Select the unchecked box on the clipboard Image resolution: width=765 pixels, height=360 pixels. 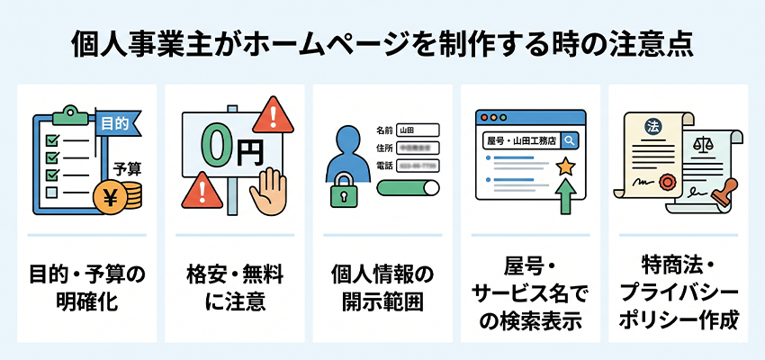click(51, 191)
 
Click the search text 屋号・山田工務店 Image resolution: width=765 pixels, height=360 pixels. click(519, 140)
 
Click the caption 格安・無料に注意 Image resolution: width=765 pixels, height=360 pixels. click(235, 287)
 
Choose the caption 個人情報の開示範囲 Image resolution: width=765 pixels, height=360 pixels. click(382, 287)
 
